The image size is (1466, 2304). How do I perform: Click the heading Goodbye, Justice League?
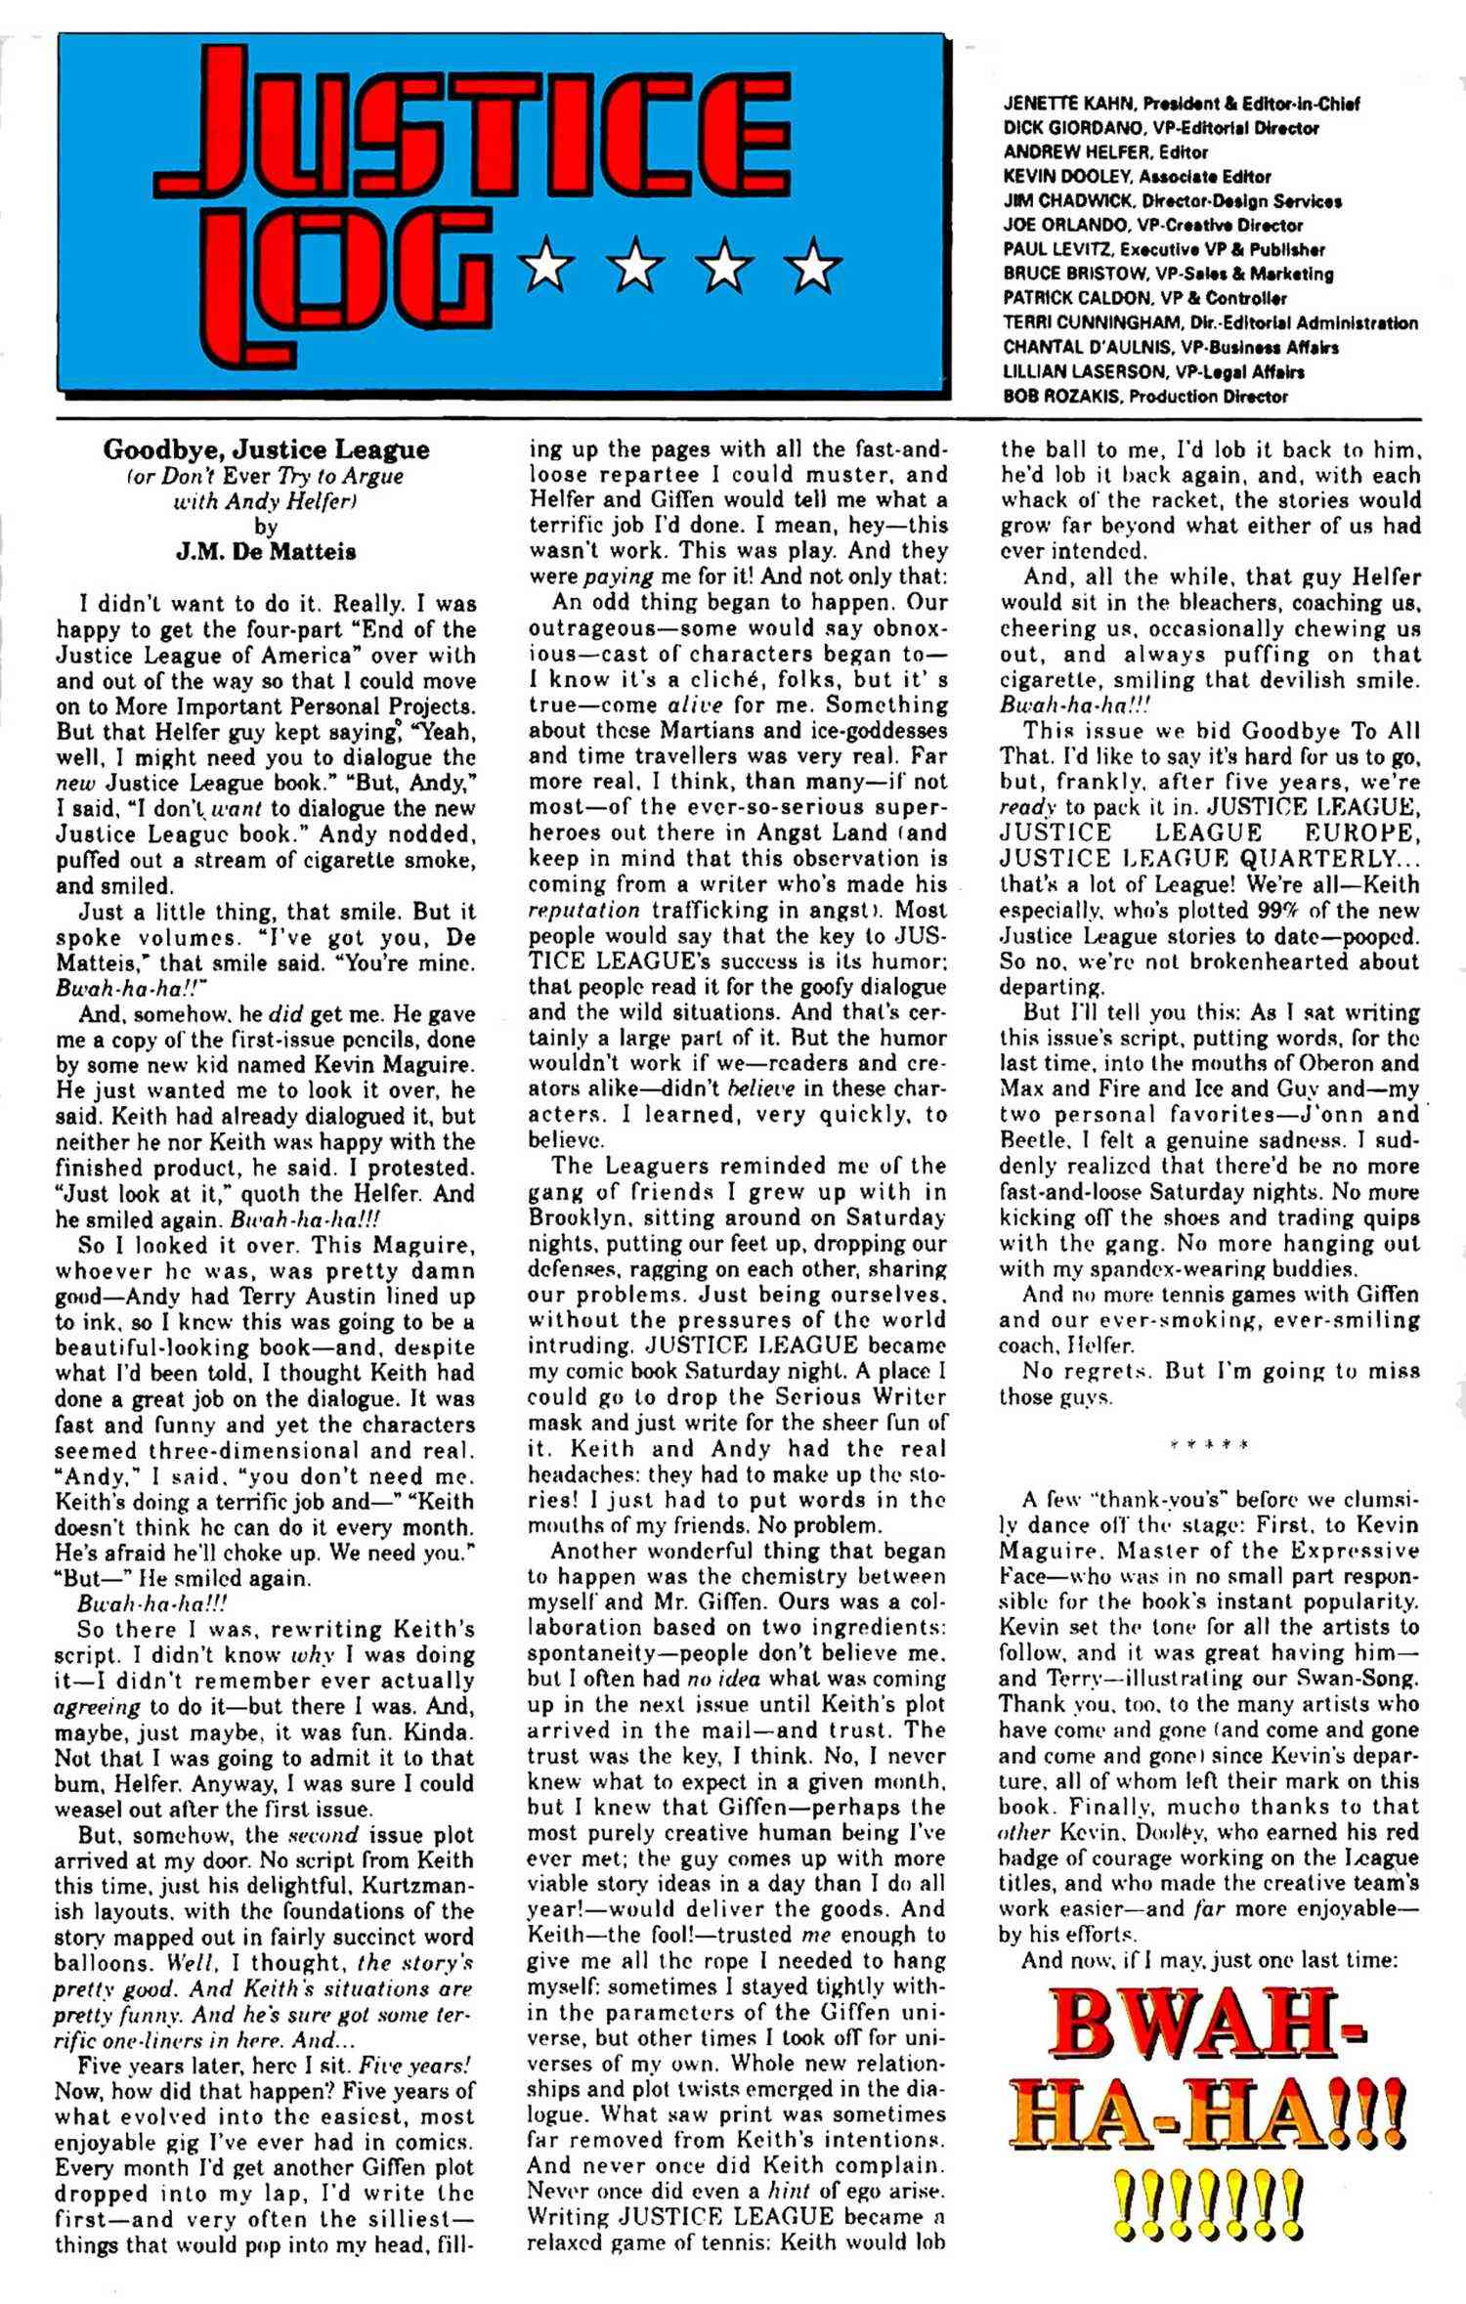coord(266,450)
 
